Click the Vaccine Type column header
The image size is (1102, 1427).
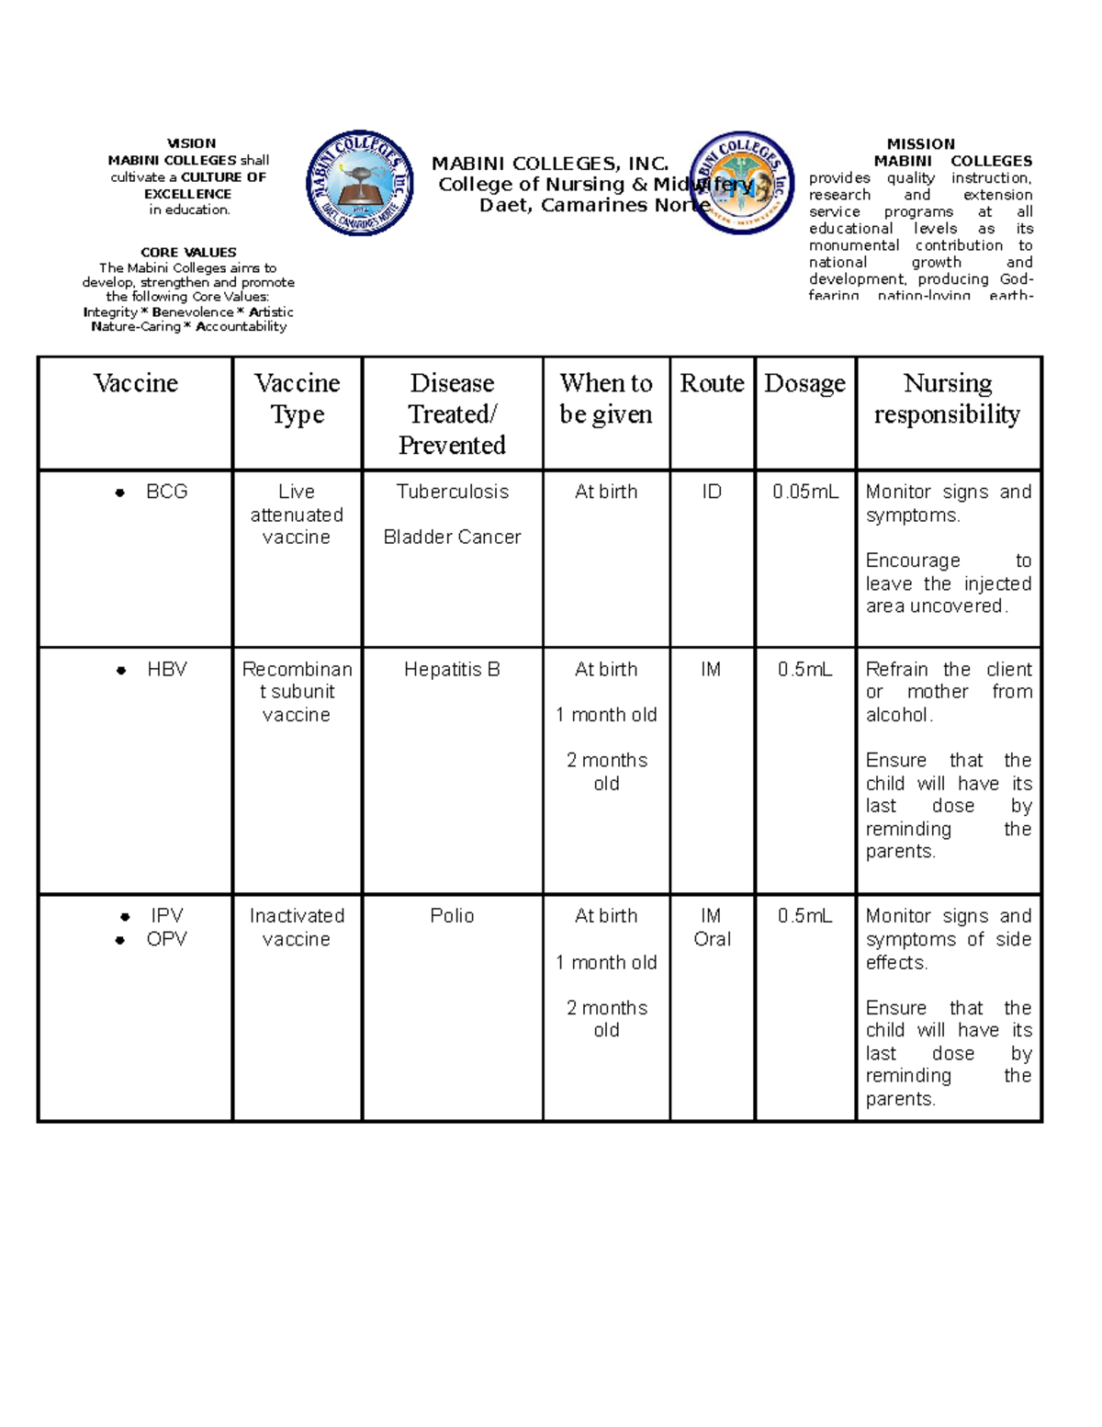pyautogui.click(x=297, y=398)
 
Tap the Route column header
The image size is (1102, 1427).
pyautogui.click(x=712, y=383)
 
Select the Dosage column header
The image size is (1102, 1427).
pyautogui.click(x=804, y=383)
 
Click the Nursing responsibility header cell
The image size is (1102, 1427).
pyautogui.click(x=947, y=398)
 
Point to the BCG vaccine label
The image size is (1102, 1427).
pyautogui.click(x=166, y=492)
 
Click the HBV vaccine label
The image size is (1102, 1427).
pyautogui.click(x=166, y=670)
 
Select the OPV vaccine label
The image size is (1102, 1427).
pyautogui.click(x=166, y=939)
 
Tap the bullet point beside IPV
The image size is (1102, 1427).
pyautogui.click(x=124, y=917)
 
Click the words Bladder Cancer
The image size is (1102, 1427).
pyautogui.click(x=452, y=537)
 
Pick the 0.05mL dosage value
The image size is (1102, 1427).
pyautogui.click(x=804, y=492)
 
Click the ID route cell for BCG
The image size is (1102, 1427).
pyautogui.click(x=712, y=492)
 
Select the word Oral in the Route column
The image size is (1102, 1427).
pyautogui.click(x=712, y=939)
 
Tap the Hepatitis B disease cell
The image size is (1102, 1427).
pyautogui.click(x=452, y=670)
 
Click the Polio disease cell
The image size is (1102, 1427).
pyautogui.click(x=452, y=916)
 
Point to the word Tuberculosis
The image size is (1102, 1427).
pyautogui.click(x=452, y=492)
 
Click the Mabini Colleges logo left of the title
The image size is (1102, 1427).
pyautogui.click(x=359, y=183)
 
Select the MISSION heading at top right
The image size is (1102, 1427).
pyautogui.click(x=920, y=144)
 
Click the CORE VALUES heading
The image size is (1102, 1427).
pyautogui.click(x=188, y=252)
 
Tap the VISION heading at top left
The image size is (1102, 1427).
pyautogui.click(x=191, y=143)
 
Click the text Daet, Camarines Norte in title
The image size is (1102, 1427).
pyautogui.click(x=592, y=205)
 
